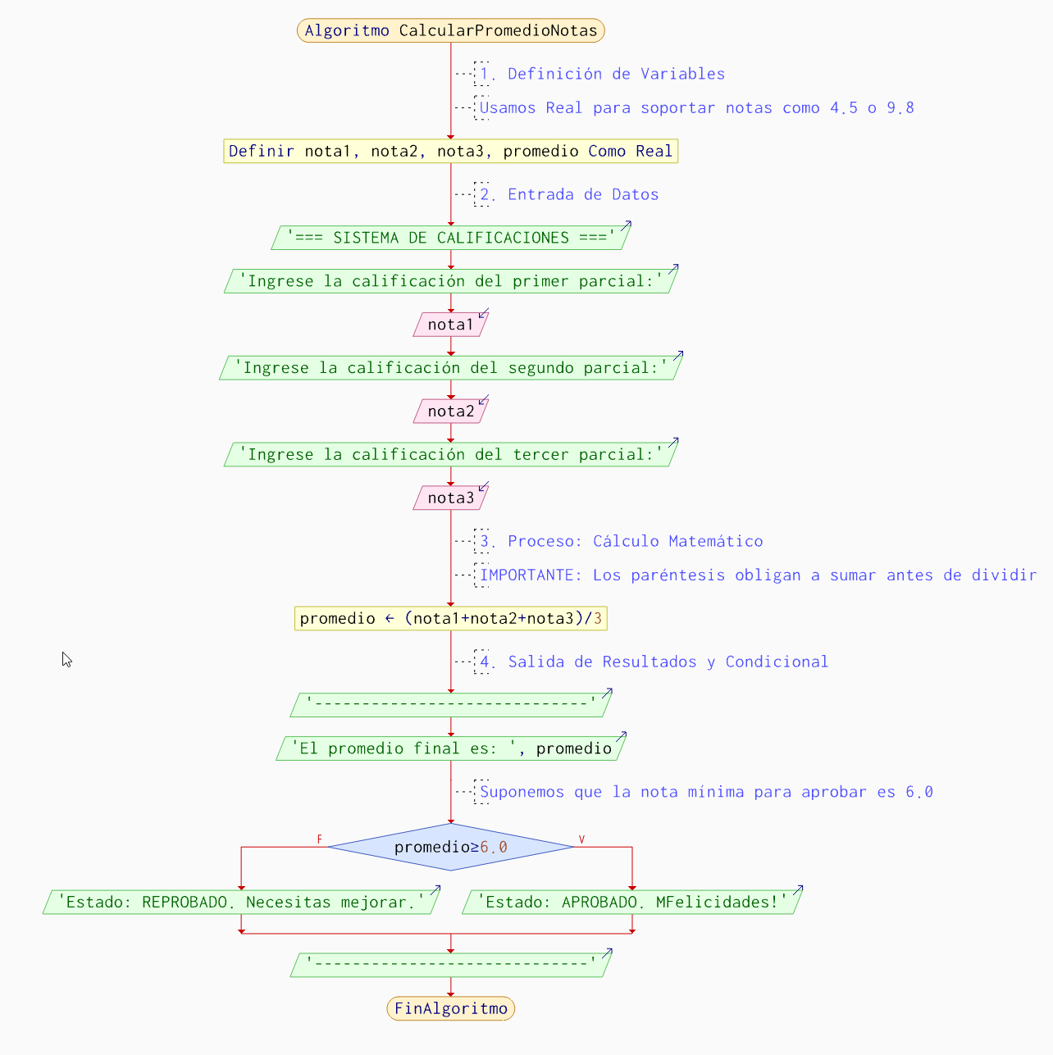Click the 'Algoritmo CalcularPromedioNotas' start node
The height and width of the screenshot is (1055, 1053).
coord(450,31)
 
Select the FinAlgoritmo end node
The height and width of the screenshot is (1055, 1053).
coord(450,1008)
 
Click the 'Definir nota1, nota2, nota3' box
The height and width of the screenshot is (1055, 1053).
coord(450,152)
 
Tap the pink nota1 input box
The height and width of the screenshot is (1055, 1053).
coord(450,325)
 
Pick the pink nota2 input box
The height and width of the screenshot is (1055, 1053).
coord(450,412)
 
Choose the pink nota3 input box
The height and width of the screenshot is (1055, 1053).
coord(450,498)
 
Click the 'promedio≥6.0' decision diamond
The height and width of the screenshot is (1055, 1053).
coord(450,847)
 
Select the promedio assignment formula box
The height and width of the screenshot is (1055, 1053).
coord(450,619)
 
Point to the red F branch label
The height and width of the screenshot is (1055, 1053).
coord(320,839)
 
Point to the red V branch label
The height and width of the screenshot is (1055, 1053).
coord(581,839)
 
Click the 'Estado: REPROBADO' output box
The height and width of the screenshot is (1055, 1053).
coord(240,903)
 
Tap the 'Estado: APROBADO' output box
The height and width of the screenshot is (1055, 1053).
coord(631,903)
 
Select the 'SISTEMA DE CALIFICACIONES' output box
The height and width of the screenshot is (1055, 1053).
coord(450,238)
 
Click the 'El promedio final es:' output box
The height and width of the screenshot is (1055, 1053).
coord(450,748)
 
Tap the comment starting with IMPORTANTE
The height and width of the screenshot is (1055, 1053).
coord(757,575)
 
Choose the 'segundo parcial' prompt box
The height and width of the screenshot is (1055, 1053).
coord(450,368)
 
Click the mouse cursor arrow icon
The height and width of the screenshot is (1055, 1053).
coord(66,659)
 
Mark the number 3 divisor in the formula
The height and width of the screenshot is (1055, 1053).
coord(598,619)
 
